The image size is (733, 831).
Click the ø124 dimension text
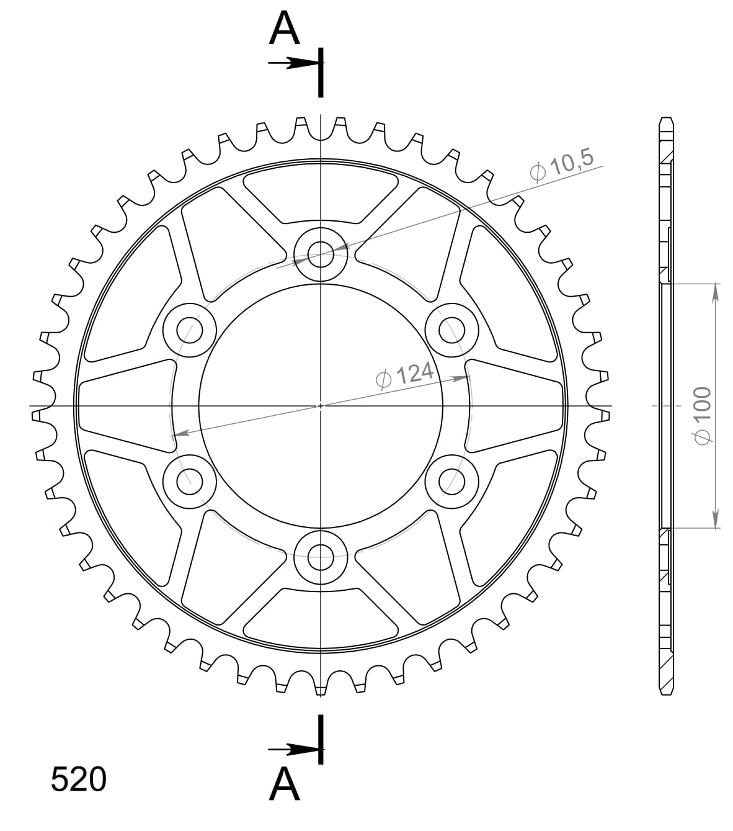pos(404,374)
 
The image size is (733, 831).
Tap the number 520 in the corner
pos(78,779)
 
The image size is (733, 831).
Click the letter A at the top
pos(284,30)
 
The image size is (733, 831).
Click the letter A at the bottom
pos(284,784)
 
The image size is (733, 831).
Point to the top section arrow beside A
pos(291,63)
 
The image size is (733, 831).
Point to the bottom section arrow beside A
pos(291,750)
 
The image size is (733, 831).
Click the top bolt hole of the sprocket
pos(321,254)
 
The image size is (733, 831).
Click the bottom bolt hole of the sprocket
pos(321,556)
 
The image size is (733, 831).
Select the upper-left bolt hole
pos(189,330)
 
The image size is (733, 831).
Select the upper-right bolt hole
pos(452,330)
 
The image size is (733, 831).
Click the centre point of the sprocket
pos(321,405)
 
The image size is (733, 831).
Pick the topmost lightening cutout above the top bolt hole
pos(321,194)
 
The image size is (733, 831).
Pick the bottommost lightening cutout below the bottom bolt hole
pos(321,617)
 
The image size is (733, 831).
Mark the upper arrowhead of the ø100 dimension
pos(716,292)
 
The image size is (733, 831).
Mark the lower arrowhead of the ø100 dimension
pos(716,520)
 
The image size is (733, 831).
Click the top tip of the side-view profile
pos(667,118)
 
